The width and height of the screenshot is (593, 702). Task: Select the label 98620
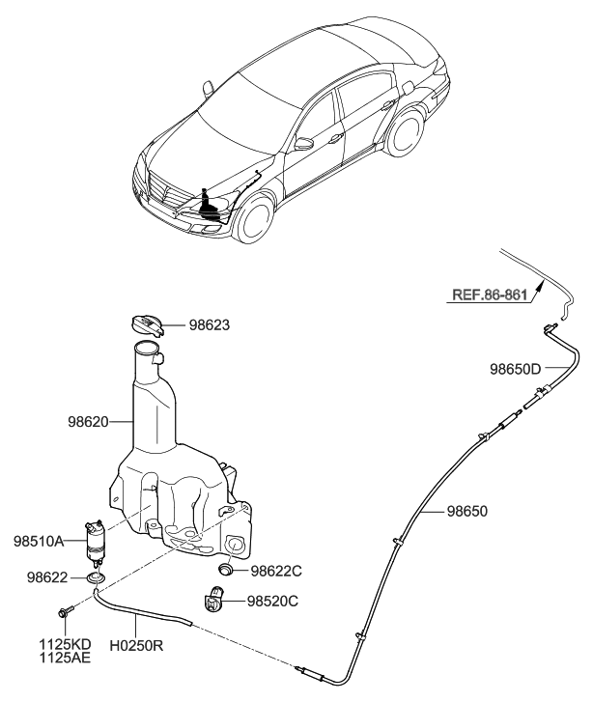88,422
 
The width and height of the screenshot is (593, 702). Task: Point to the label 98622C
276,571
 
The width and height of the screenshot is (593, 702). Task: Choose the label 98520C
272,601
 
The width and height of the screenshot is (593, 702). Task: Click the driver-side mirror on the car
303,144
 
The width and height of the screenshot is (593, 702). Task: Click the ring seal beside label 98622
95,577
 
